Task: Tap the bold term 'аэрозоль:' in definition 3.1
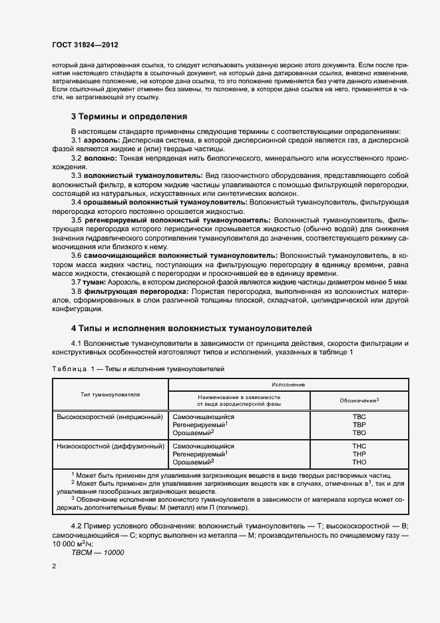[101, 141]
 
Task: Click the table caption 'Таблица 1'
[70, 368]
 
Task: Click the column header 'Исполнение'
[288, 385]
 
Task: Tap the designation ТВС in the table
[359, 416]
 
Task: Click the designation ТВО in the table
[359, 432]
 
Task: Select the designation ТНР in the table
[359, 453]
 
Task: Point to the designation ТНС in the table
[359, 444]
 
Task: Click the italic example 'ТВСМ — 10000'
[97, 552]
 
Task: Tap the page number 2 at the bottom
[54, 566]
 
